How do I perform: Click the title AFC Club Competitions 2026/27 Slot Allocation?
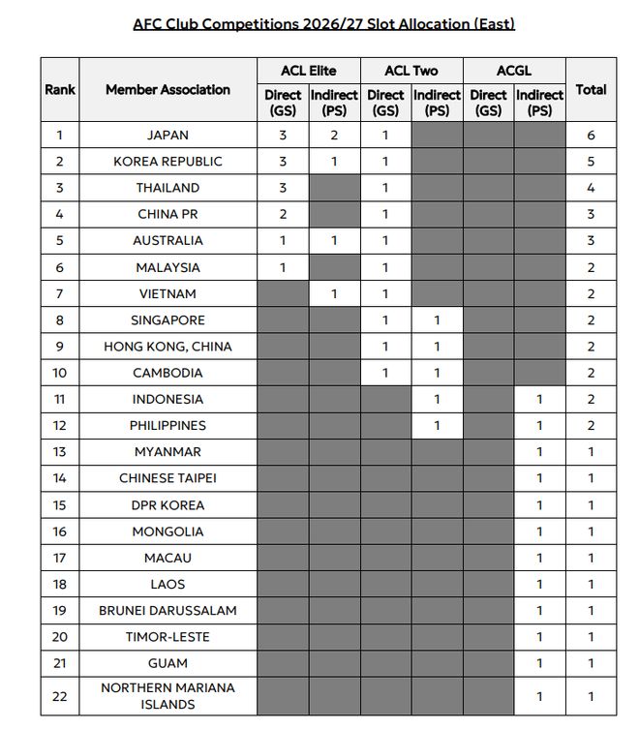point(323,23)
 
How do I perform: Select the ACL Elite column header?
point(308,71)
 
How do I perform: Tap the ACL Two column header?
point(411,71)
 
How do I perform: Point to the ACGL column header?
point(514,71)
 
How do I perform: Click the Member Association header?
point(167,90)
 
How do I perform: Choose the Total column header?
point(591,90)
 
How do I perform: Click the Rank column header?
point(60,90)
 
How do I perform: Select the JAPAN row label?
point(167,136)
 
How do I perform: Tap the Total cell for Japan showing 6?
point(591,136)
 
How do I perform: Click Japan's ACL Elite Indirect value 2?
point(334,136)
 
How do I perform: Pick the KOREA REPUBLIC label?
point(167,162)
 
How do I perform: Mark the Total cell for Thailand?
point(591,188)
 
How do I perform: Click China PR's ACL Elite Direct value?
point(283,214)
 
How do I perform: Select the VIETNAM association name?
point(167,293)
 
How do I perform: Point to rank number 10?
point(60,373)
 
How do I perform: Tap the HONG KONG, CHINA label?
point(167,347)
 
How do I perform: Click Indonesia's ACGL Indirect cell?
point(539,399)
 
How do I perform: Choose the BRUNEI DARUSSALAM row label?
point(167,610)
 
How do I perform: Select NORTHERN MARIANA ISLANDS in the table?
point(167,695)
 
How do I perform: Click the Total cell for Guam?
point(591,663)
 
